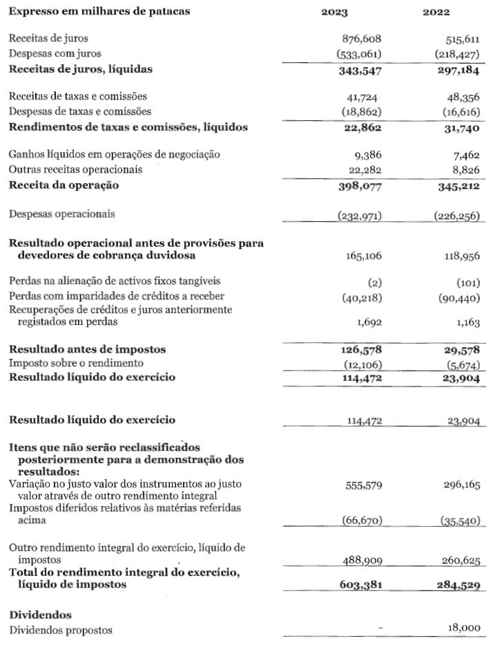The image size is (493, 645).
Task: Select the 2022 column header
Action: [436, 12]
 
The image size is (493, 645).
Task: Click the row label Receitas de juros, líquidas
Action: [80, 68]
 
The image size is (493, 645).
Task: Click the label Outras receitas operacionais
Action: [75, 169]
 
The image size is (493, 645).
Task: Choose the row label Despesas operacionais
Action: [62, 214]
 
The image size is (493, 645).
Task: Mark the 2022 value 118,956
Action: [462, 256]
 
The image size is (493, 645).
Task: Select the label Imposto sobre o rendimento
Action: [75, 363]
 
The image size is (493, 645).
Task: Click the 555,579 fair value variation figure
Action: [362, 485]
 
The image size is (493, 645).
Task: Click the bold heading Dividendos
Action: [40, 615]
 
